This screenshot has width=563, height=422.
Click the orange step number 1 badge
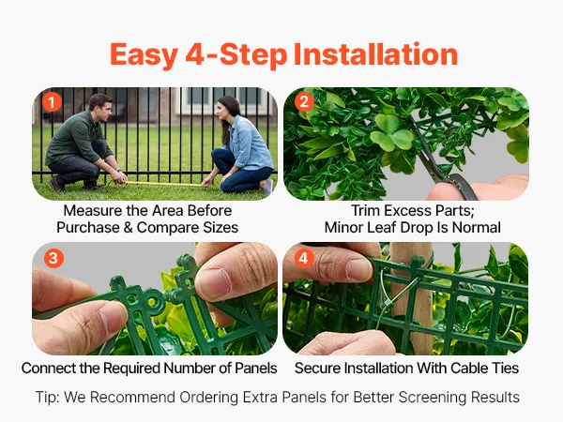pos(52,102)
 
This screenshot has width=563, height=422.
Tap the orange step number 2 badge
pos(304,102)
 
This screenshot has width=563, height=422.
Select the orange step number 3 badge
pos(53,258)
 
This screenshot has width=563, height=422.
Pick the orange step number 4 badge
pos(304,258)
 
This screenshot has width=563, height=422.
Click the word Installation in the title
pos(375,54)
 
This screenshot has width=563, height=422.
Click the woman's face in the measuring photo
pos(223,110)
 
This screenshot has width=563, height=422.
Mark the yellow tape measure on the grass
pos(162,184)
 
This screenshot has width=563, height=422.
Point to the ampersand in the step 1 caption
pos(128,228)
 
